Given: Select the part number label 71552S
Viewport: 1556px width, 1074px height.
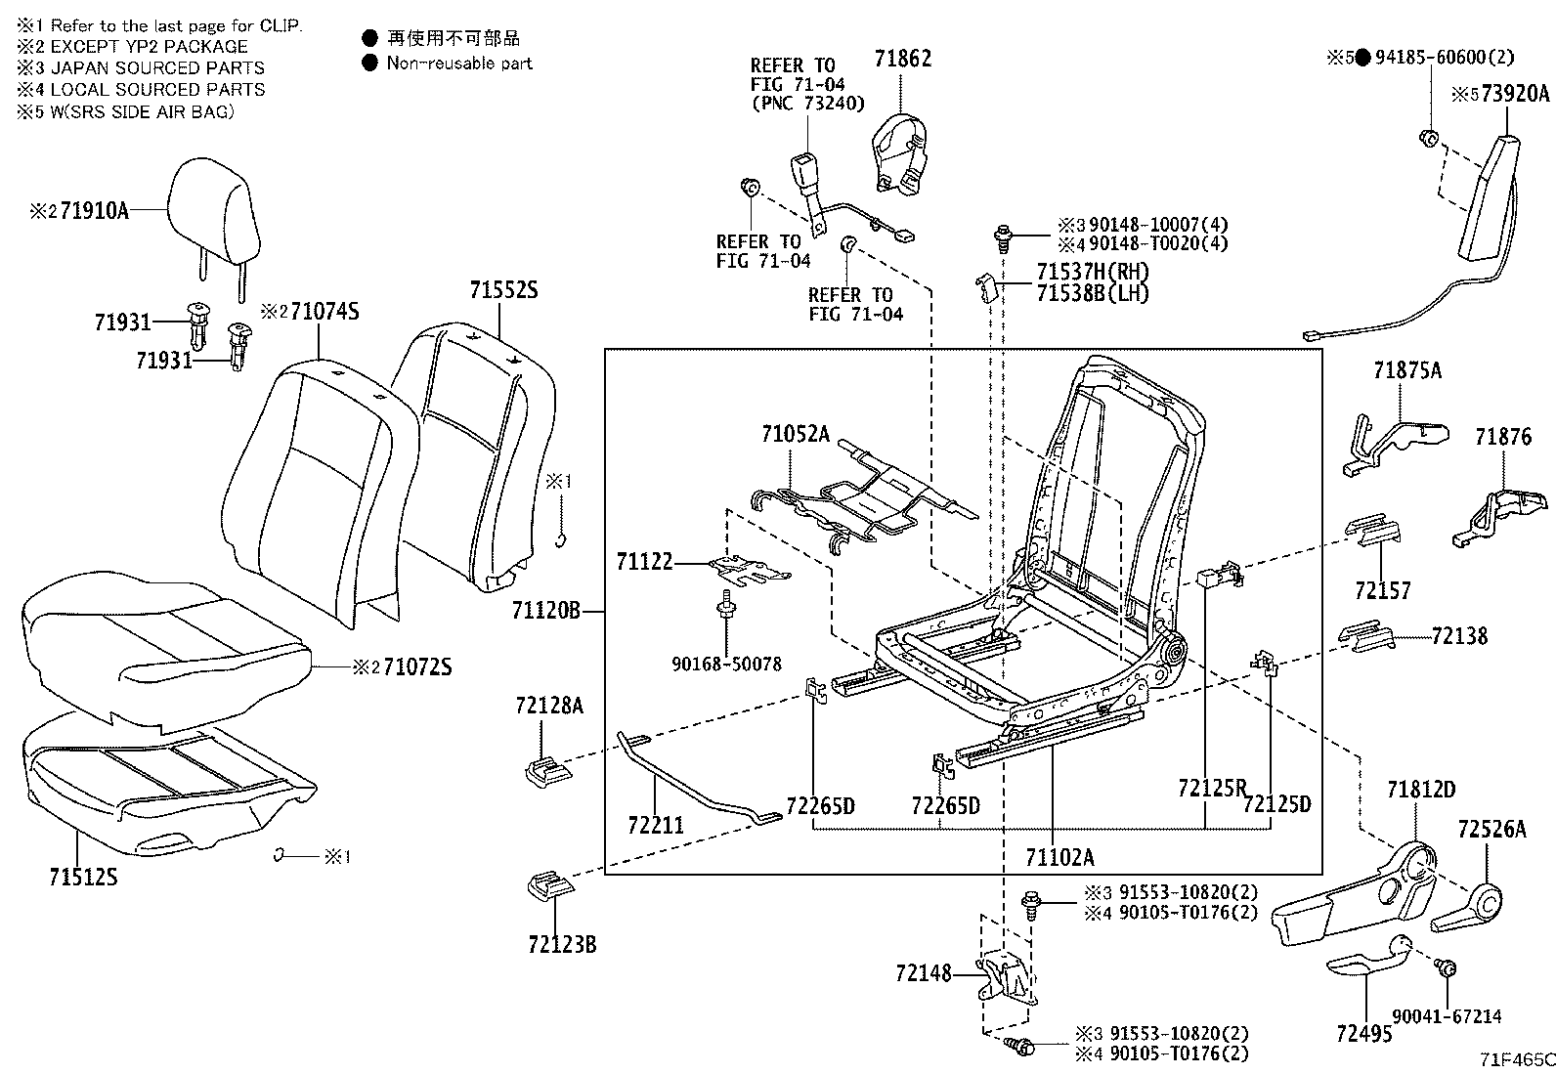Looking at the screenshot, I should tap(503, 290).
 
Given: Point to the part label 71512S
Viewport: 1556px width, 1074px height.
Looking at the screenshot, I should tap(83, 877).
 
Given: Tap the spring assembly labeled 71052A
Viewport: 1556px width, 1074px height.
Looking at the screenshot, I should tap(870, 498).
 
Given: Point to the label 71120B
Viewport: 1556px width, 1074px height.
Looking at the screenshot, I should tap(545, 612).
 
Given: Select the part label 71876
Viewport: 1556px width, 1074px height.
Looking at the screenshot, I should tap(1503, 437).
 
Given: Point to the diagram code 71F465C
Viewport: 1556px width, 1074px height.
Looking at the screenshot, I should tap(1516, 1058).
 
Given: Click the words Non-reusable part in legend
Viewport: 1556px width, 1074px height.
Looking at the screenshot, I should tap(459, 63).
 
